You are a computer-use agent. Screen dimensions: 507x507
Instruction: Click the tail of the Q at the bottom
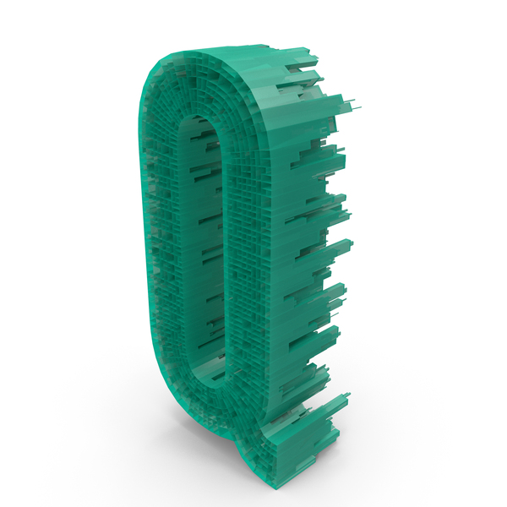[x=301, y=437]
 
